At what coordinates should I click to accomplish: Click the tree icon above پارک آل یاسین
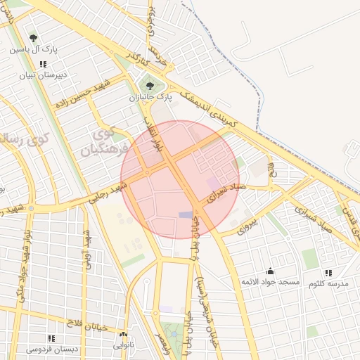(x=33, y=38)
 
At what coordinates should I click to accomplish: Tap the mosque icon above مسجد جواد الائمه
(x=270, y=271)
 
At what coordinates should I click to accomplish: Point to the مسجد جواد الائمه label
(x=271, y=282)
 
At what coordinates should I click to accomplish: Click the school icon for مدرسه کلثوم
(x=328, y=272)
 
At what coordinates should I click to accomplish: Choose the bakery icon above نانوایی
(x=124, y=335)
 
